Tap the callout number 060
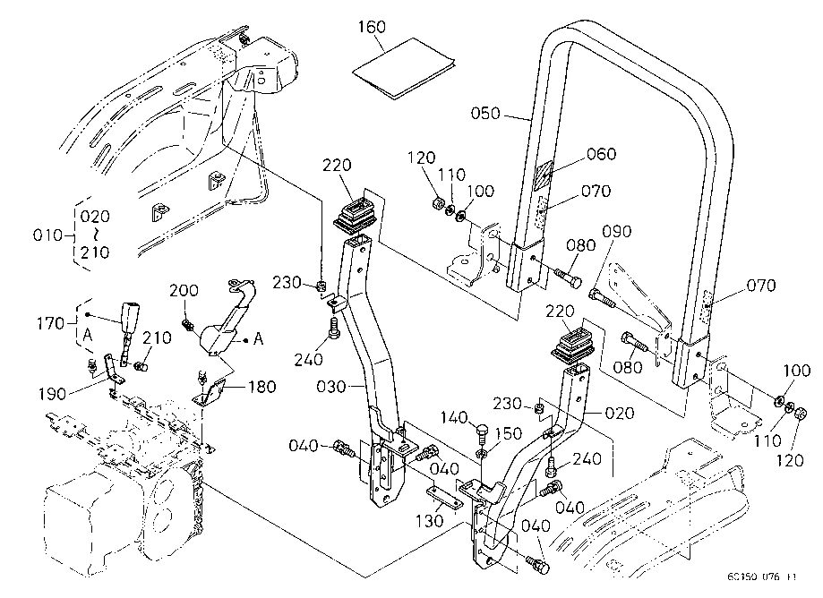tap(602, 155)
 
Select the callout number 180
tap(261, 387)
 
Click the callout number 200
tap(185, 292)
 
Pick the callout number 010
tap(51, 235)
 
